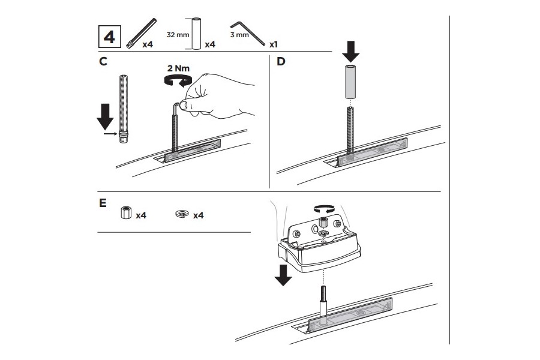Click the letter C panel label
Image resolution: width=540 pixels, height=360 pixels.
point(103,62)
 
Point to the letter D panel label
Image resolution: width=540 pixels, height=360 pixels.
point(280,61)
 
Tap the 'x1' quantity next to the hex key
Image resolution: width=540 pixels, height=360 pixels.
point(273,44)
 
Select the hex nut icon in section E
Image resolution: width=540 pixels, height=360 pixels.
point(125,214)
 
